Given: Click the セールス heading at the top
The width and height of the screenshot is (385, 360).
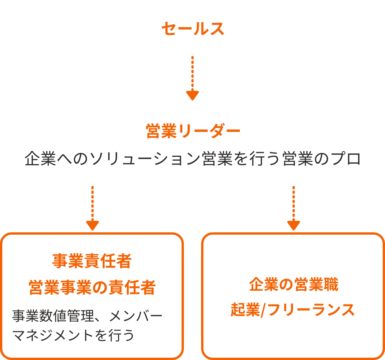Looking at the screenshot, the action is [x=192, y=29].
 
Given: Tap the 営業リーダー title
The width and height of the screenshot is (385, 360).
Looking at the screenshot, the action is [x=193, y=131].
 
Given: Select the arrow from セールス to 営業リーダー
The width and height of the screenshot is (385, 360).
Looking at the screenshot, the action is [x=192, y=78].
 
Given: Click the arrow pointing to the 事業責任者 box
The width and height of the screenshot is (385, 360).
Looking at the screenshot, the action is [x=93, y=208].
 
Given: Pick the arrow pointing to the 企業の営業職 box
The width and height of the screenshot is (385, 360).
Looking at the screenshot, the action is [x=294, y=208].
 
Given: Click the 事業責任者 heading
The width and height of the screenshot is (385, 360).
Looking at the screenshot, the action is [x=92, y=261].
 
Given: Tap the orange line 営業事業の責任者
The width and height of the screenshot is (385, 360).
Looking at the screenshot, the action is [x=92, y=287].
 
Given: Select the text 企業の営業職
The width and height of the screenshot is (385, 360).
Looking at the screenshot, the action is [x=294, y=284].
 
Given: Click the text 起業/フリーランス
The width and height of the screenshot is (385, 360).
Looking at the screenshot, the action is [x=293, y=310].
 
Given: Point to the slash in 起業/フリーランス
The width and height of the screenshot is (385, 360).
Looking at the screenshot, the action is [x=264, y=310].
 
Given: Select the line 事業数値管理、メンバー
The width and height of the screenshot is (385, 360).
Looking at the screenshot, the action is [x=87, y=316].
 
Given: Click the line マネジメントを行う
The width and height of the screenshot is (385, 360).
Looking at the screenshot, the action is [x=73, y=335].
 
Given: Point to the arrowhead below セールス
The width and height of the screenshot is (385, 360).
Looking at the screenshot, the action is [x=192, y=96].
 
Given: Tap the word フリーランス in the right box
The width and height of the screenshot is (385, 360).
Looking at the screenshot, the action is [x=311, y=310].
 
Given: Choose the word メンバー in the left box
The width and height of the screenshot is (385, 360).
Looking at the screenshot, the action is [x=136, y=316].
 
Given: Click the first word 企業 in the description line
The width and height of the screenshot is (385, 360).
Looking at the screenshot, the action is [x=40, y=159].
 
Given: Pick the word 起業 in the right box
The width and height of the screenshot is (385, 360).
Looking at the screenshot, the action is [x=245, y=310].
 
